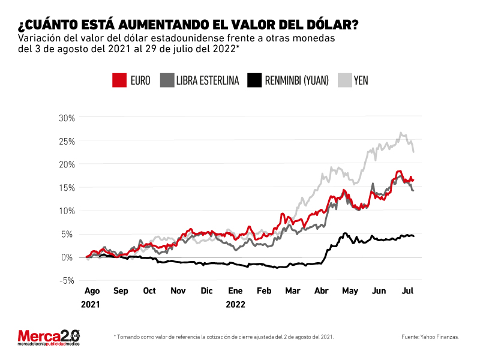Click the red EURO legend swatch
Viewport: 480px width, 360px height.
pos(119,80)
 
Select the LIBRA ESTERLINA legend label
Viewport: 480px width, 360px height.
pos(208,80)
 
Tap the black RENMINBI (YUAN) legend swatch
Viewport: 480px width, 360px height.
pos(254,80)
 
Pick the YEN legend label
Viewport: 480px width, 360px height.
pos(361,80)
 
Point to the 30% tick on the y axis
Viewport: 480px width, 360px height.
pos(67,118)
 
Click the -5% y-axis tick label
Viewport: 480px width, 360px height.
pos(67,280)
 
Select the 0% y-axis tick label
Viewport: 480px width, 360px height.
pos(68,257)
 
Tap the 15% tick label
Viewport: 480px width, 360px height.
pos(67,188)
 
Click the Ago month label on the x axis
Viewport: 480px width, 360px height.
pos(92,291)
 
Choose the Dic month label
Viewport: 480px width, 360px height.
pos(206,291)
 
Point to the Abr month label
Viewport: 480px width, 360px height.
pos(322,291)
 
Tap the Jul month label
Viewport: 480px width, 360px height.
pos(407,291)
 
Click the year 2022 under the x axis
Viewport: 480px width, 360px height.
pos(235,305)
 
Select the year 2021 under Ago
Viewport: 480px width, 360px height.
pos(91,305)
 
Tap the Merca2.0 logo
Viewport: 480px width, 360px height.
pos(49,338)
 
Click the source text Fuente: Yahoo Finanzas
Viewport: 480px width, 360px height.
pos(430,337)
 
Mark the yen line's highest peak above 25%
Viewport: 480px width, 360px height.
pos(400,133)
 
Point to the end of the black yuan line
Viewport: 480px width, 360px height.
pos(414,236)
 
